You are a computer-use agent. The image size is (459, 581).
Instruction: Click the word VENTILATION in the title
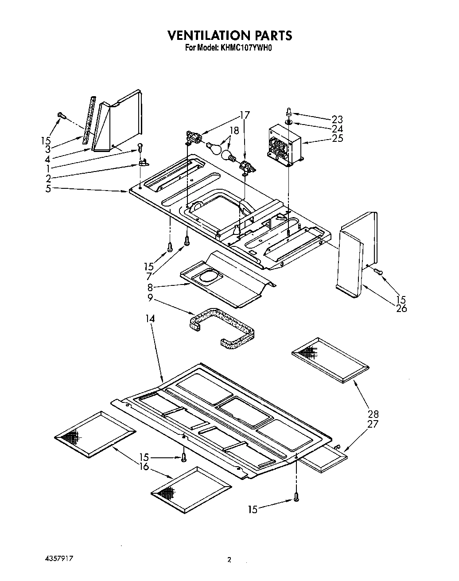204,35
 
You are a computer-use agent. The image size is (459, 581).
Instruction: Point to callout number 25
337,138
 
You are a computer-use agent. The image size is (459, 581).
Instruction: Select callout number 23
337,119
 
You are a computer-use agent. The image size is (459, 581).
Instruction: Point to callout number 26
401,308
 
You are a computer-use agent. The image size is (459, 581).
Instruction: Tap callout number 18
234,131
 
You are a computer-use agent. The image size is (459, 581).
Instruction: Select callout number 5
48,188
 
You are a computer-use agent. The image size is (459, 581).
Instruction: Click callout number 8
151,287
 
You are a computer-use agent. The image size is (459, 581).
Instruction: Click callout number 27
373,424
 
